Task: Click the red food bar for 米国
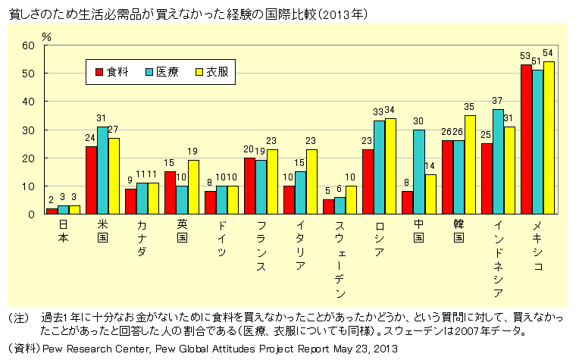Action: click(91, 180)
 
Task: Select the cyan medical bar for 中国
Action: click(418, 171)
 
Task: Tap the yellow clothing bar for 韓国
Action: click(469, 164)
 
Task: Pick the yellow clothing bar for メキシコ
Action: click(549, 137)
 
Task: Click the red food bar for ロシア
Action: click(368, 181)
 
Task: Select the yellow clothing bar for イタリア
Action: click(311, 181)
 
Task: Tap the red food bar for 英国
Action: click(171, 193)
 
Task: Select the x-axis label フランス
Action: click(261, 246)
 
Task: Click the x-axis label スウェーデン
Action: click(340, 258)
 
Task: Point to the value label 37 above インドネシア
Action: click(498, 101)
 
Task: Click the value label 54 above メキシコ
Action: click(549, 53)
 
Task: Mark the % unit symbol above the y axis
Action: click(46, 36)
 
